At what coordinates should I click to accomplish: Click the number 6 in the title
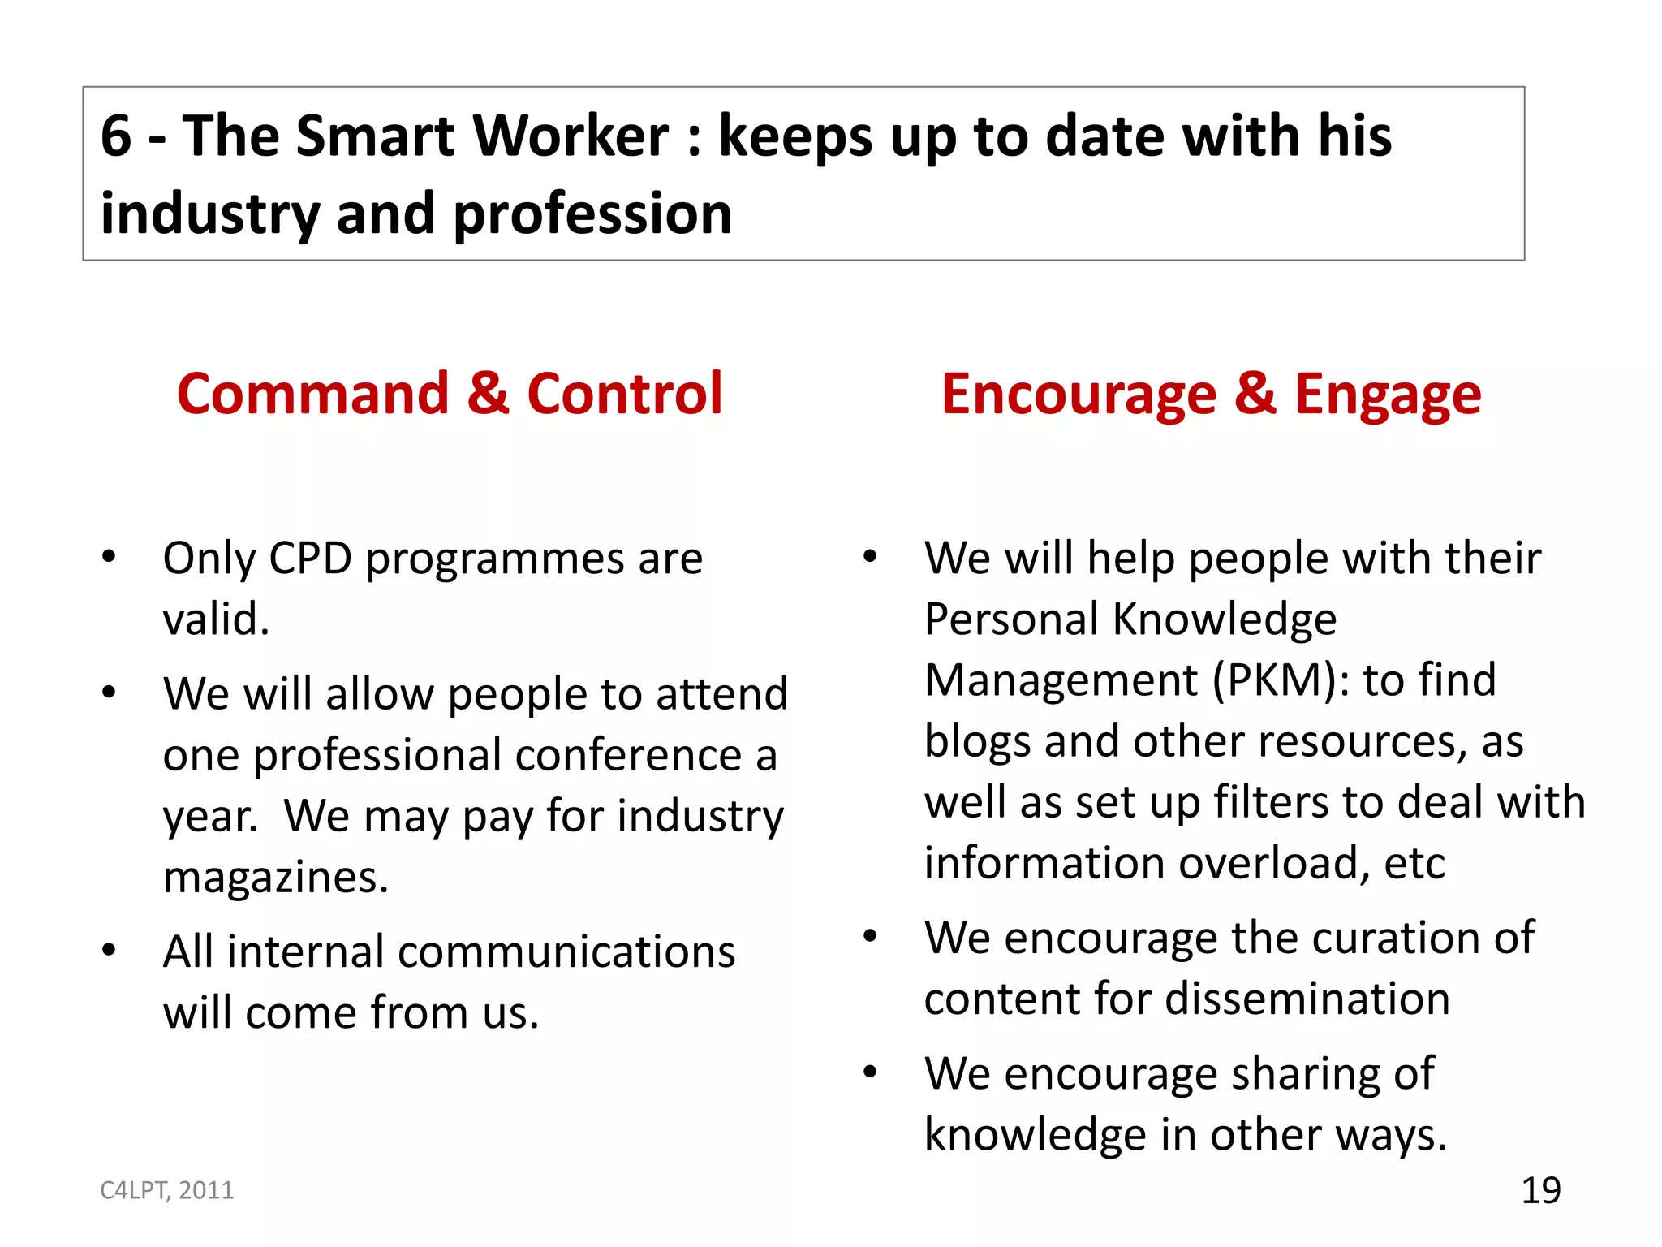[x=116, y=136]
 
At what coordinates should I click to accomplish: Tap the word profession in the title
[x=592, y=214]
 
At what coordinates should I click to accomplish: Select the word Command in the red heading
[x=312, y=394]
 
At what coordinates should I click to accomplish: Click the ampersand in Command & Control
[x=489, y=394]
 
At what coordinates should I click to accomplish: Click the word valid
[x=216, y=619]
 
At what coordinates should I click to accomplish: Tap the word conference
[x=628, y=755]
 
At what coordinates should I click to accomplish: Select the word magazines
[x=276, y=878]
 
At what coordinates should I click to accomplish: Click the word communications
[x=480, y=951]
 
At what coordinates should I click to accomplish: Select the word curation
[x=1405, y=938]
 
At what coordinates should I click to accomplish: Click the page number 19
[x=1540, y=1190]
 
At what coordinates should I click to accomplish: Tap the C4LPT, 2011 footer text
[x=166, y=1190]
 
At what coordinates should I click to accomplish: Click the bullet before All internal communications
[x=109, y=950]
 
